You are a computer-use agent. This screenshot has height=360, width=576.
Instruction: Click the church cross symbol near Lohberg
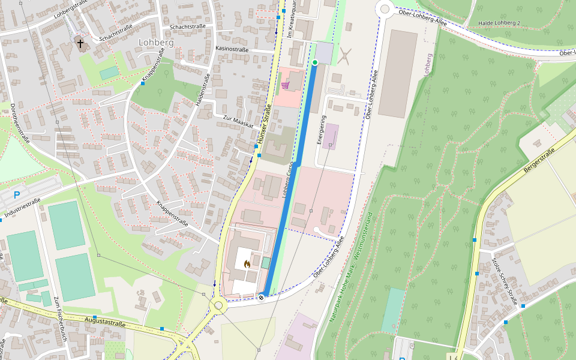pyautogui.click(x=80, y=43)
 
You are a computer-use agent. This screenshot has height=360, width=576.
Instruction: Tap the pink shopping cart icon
pyautogui.click(x=285, y=85)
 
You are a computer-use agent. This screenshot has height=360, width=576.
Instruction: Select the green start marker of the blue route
pyautogui.click(x=314, y=62)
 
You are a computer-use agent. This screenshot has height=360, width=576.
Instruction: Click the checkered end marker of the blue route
pyautogui.click(x=262, y=296)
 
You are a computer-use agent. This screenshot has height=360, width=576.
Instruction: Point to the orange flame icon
pyautogui.click(x=247, y=263)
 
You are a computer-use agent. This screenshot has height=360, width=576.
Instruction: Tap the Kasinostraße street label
pyautogui.click(x=232, y=48)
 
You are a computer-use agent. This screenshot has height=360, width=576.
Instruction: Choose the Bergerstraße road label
pyautogui.click(x=538, y=161)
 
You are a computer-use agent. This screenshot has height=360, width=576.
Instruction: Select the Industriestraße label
pyautogui.click(x=22, y=208)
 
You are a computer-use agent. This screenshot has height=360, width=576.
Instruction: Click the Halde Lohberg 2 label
pyautogui.click(x=499, y=23)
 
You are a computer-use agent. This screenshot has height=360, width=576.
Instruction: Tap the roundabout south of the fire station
pyautogui.click(x=218, y=305)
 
